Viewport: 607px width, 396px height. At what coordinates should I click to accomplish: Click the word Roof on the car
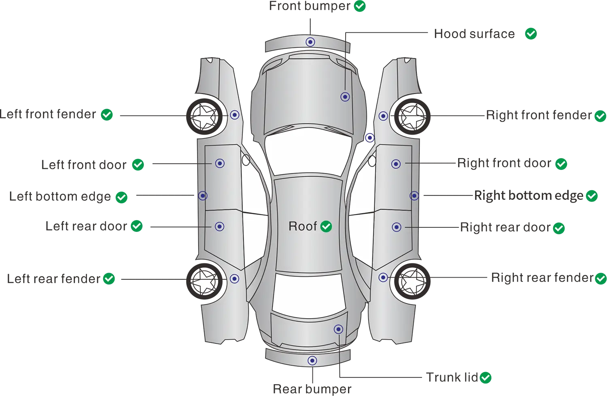(302, 226)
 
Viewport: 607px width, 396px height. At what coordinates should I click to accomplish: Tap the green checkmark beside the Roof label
(326, 227)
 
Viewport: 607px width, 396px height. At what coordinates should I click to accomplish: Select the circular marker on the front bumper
(310, 42)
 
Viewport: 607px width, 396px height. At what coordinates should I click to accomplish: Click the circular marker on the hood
(345, 97)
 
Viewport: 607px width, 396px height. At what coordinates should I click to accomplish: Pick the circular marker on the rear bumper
(312, 360)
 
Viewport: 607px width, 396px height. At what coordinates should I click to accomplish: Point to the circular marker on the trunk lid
(338, 329)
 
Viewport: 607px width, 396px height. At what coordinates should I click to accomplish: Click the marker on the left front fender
(235, 115)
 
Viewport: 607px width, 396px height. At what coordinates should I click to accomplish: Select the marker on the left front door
(220, 163)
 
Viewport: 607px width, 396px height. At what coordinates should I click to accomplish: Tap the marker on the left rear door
(219, 227)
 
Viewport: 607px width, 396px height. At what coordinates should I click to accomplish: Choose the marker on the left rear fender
(234, 279)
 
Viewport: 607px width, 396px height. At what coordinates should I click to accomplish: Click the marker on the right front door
(396, 164)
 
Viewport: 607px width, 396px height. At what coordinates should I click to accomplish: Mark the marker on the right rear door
(397, 227)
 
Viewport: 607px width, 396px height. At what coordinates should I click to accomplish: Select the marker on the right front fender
(383, 116)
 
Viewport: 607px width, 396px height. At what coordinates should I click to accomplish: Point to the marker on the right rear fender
(383, 277)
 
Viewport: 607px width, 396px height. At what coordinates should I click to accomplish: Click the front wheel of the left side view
(204, 116)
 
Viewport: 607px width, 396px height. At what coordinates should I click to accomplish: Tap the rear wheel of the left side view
(204, 280)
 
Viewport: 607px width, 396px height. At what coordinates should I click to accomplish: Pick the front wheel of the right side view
(412, 116)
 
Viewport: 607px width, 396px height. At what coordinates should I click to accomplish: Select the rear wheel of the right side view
(412, 280)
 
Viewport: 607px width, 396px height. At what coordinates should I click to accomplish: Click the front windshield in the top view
(308, 152)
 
